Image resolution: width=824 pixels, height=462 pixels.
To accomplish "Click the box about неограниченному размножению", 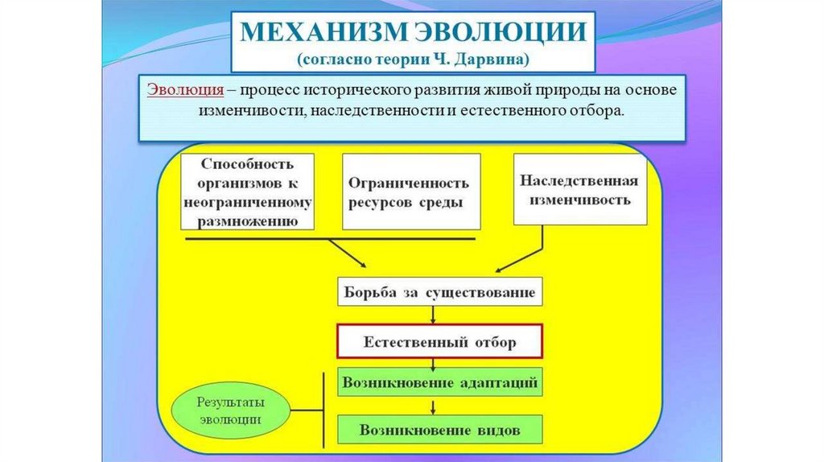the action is (248, 192).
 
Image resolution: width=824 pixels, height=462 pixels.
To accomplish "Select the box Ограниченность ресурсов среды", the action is (411, 192).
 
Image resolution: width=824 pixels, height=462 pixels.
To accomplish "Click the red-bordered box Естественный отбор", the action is (439, 342).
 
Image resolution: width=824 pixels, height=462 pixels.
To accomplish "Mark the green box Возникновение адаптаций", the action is (439, 382).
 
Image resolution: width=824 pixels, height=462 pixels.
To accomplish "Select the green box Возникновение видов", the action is (439, 429).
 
